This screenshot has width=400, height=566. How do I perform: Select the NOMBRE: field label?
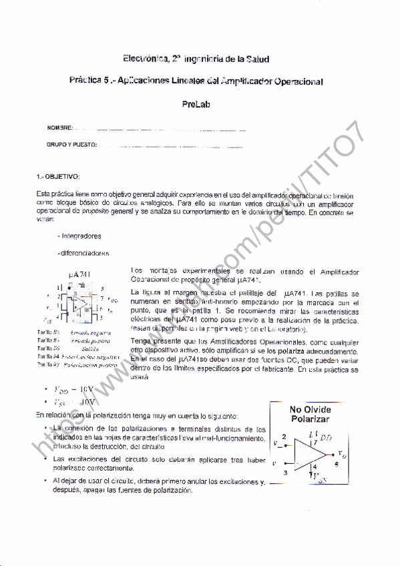(x=59, y=127)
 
